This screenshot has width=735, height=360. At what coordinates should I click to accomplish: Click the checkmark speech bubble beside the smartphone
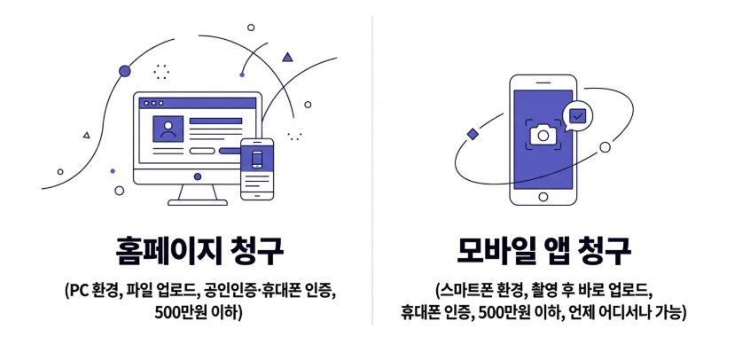[x=577, y=115]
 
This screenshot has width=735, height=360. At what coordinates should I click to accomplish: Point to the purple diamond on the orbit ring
[x=473, y=133]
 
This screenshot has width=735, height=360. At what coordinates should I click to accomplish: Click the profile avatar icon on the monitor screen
[x=167, y=129]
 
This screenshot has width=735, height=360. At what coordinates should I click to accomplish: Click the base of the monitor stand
[x=197, y=202]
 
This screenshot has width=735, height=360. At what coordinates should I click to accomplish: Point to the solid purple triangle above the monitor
[x=287, y=58]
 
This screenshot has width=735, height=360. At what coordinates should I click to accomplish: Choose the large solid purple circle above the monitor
[x=124, y=70]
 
